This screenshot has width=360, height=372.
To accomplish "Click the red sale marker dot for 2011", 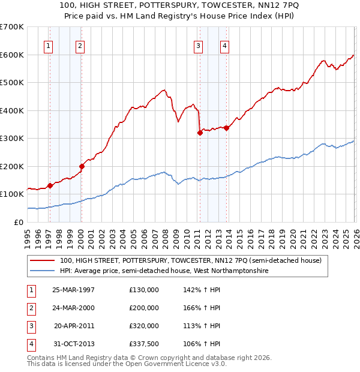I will [200, 133].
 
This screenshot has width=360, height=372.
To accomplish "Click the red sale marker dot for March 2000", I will [82, 166].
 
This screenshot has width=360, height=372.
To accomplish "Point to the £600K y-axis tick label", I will [12, 55].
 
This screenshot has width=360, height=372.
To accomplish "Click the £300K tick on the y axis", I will [12, 138].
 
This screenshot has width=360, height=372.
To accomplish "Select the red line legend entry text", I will [191, 260].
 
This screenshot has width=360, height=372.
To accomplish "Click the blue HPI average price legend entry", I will [164, 271].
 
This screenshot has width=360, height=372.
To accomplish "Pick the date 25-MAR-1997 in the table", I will [73, 290].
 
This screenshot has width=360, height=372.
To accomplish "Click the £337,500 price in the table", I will [144, 344].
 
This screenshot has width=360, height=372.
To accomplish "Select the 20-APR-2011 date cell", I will [74, 326].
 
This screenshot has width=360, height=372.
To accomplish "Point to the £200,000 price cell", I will [144, 308].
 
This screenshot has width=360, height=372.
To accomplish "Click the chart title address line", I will [180, 5].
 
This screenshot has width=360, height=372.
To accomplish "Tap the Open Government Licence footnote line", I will [127, 364].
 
